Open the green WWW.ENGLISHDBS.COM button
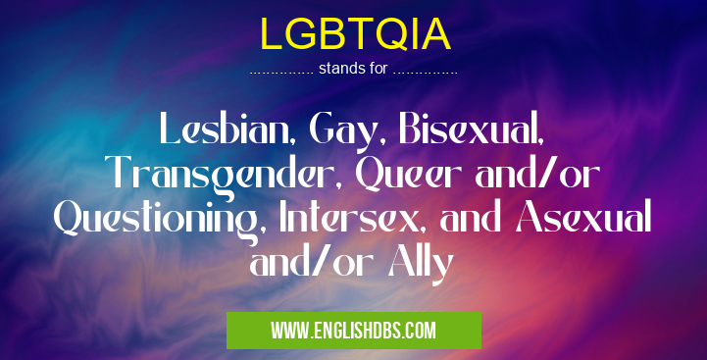coord(354,331)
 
